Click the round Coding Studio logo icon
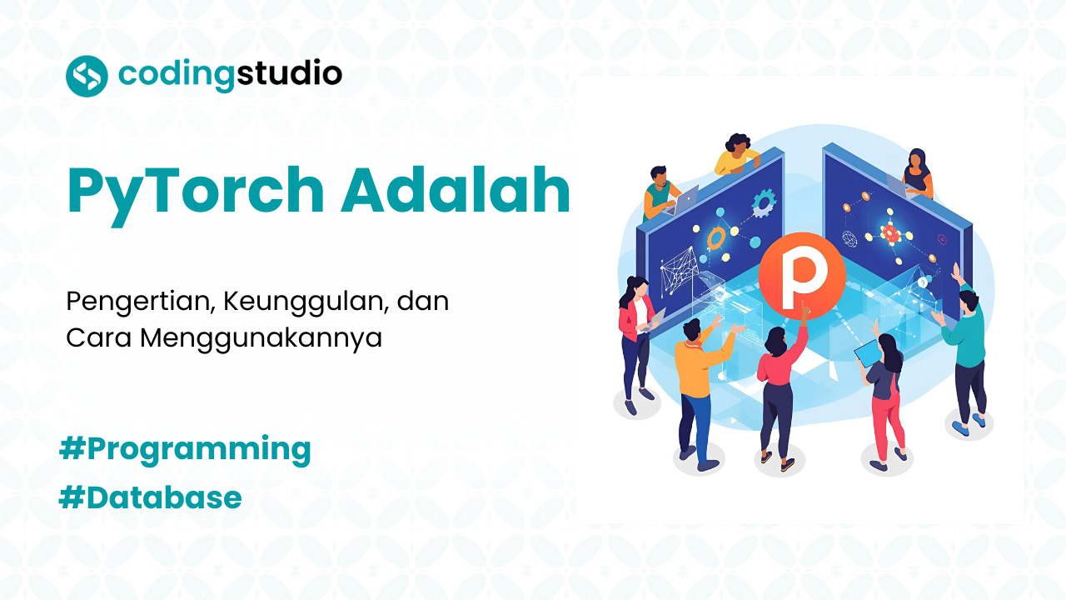(x=87, y=76)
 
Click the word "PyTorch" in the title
(x=195, y=191)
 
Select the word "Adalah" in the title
(x=456, y=191)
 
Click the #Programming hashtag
(x=185, y=449)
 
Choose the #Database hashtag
(x=151, y=497)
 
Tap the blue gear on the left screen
(x=763, y=201)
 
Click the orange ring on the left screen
(x=716, y=239)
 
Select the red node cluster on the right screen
(x=891, y=232)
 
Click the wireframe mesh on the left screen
(x=679, y=271)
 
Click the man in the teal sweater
(x=966, y=350)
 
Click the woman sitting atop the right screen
(x=917, y=172)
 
